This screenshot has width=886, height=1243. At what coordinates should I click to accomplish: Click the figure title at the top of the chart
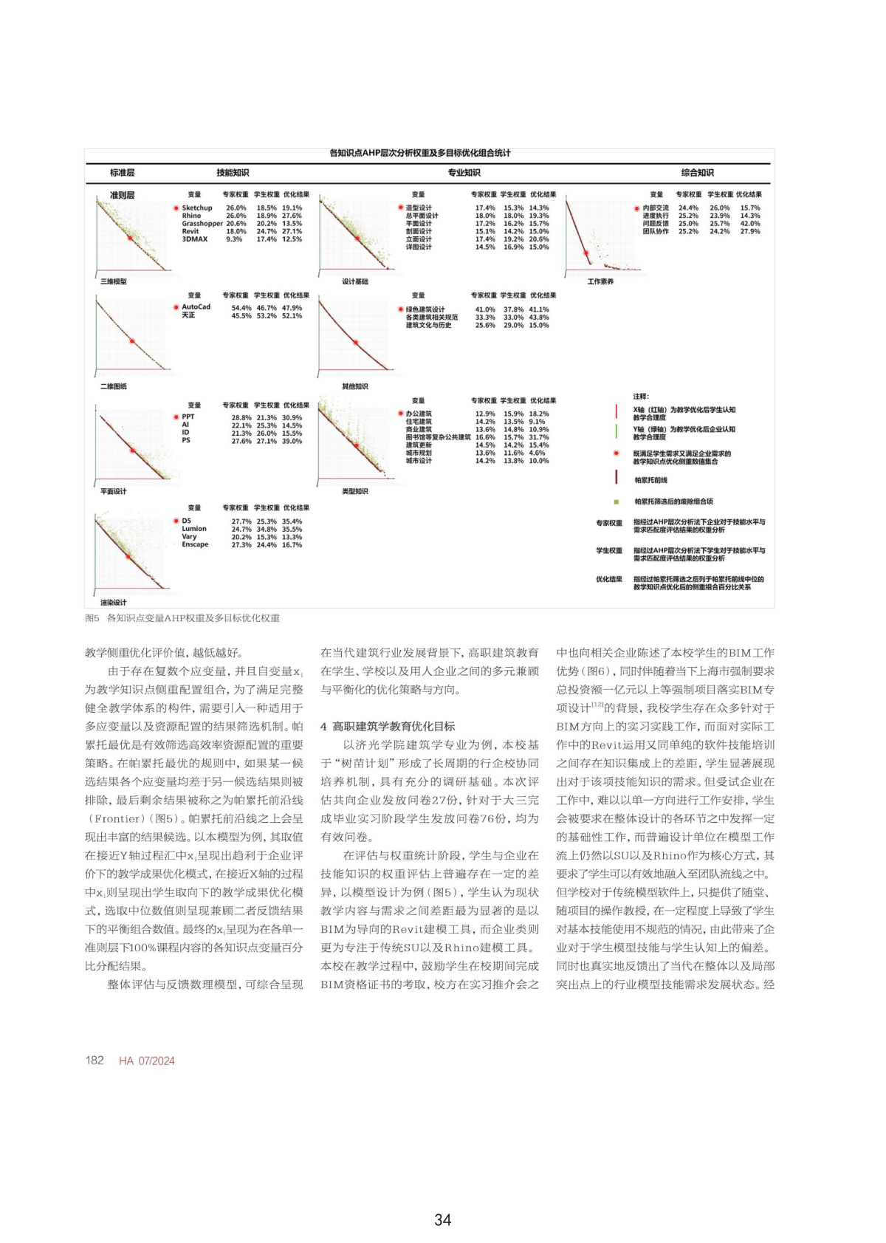tap(419, 154)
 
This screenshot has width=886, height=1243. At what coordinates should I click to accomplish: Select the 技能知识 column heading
tap(233, 173)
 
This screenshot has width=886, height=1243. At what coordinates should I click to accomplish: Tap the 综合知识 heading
tap(697, 173)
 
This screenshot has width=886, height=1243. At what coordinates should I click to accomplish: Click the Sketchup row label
tap(197, 208)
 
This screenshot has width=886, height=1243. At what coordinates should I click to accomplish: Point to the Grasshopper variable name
tap(202, 224)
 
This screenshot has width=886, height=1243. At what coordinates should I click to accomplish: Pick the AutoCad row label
tap(196, 307)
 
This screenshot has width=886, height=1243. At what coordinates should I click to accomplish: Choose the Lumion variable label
tap(194, 529)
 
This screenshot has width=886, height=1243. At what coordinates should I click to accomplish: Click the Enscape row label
tap(195, 544)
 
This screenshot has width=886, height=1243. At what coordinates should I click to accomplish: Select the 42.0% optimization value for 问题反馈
tap(750, 224)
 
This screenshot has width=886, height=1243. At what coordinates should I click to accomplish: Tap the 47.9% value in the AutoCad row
tap(292, 308)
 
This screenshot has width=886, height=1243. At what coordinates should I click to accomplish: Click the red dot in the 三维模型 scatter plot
tap(130, 239)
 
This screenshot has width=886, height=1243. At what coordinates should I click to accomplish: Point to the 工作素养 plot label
tap(600, 281)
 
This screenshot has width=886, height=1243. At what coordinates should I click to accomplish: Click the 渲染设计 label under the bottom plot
tap(114, 602)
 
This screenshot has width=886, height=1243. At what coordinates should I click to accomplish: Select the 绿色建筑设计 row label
tap(425, 310)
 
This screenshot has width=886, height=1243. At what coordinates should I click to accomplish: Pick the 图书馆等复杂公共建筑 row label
tap(438, 437)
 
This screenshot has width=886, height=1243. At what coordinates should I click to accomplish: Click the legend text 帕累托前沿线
tap(651, 480)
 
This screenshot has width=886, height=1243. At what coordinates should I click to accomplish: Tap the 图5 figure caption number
tap(92, 618)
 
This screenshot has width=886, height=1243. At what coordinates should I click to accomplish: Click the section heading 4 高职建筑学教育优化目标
tap(388, 727)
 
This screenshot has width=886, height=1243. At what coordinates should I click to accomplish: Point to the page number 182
tap(95, 1061)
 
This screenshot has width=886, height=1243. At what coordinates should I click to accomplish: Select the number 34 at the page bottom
tap(442, 1219)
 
